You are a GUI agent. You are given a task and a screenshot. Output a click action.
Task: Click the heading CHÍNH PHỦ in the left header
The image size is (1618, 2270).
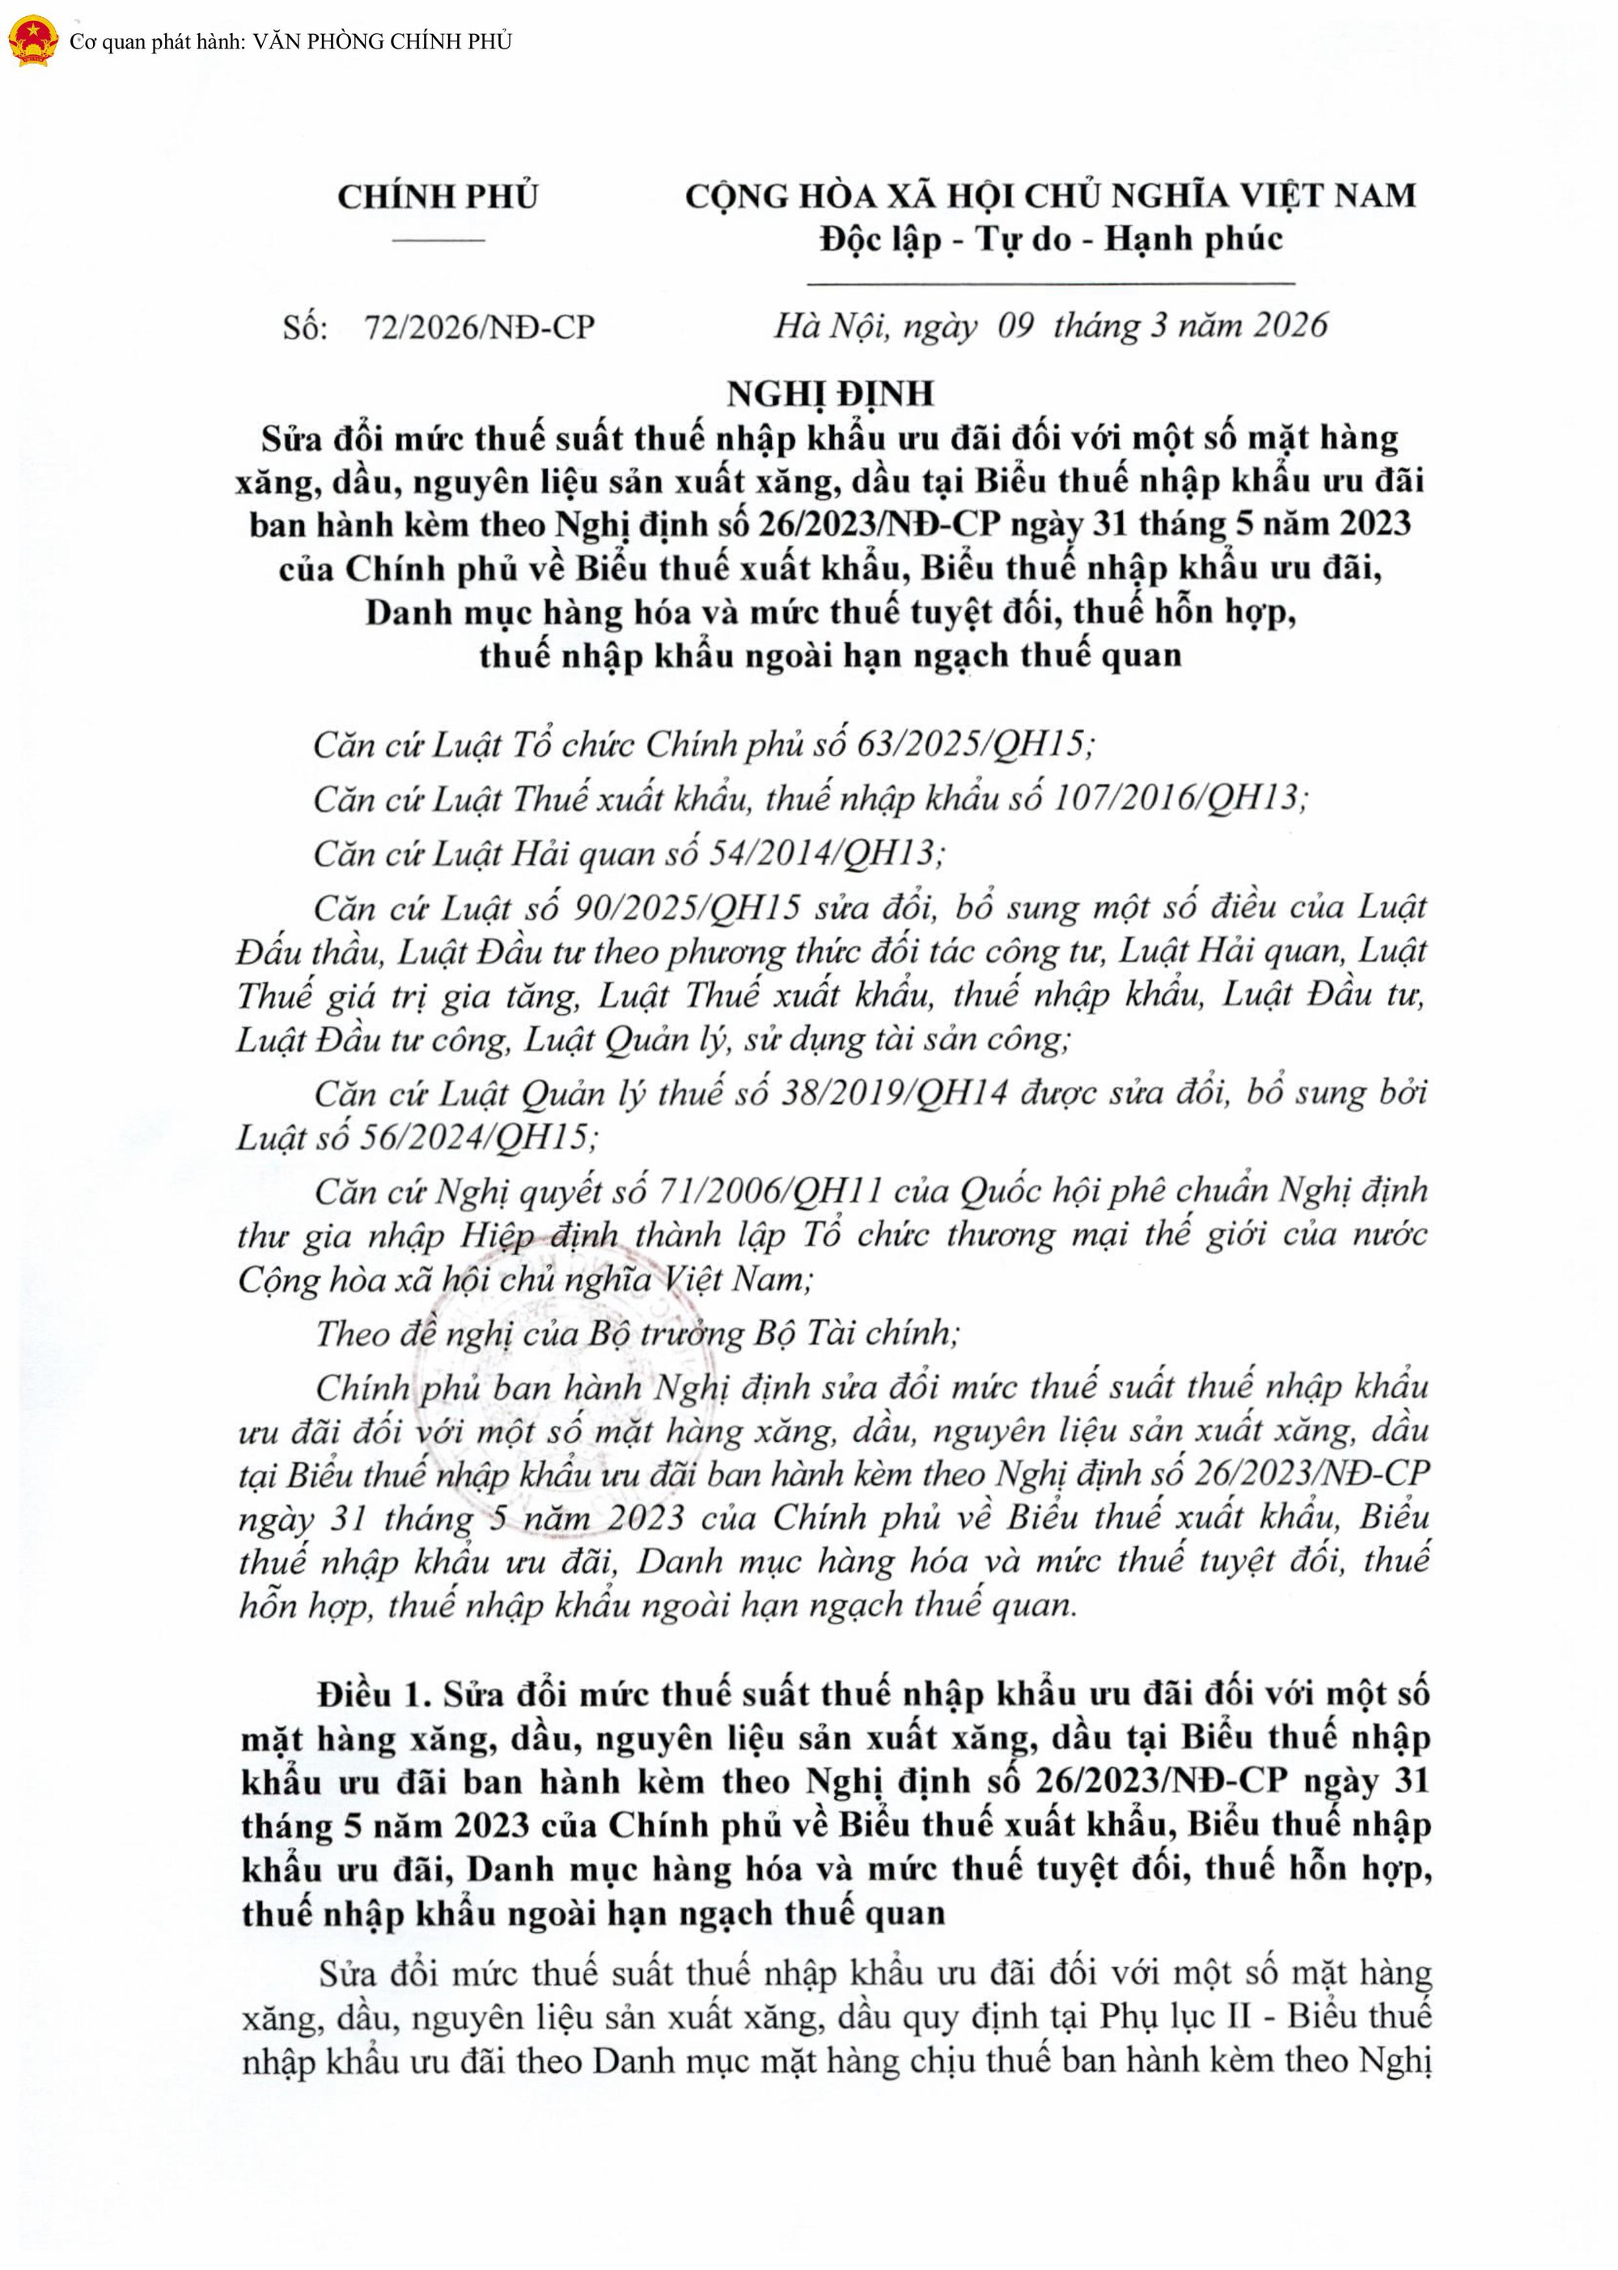pos(438,197)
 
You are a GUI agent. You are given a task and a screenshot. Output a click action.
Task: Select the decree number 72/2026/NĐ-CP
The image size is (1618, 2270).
pos(479,327)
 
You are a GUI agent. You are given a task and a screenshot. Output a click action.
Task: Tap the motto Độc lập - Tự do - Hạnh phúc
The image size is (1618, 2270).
pos(1050,239)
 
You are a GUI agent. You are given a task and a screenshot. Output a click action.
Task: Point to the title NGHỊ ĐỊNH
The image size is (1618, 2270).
pos(830,394)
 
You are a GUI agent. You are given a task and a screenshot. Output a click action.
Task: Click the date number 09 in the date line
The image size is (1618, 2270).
pos(1015,326)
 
